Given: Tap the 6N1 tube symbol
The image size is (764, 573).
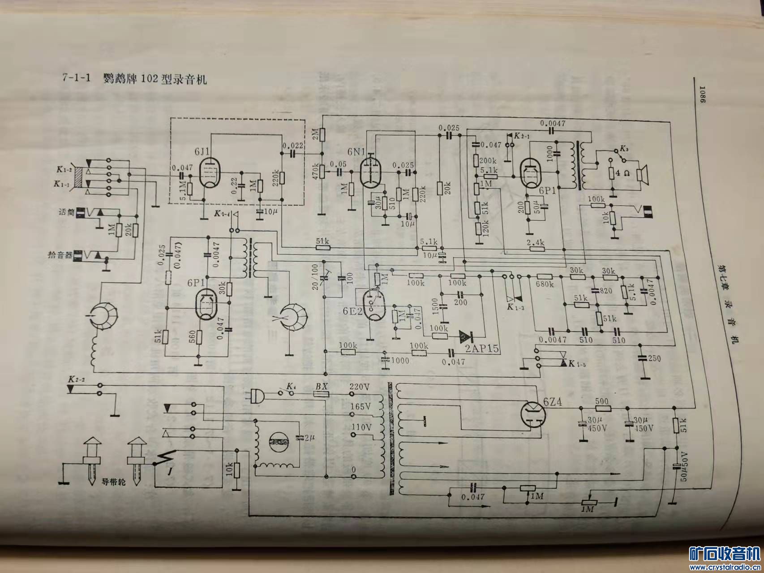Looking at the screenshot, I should point(370,172).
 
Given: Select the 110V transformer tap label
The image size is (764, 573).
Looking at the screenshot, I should point(361,427).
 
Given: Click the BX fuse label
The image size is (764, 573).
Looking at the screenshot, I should point(321,386).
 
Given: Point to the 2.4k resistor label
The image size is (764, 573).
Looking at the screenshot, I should point(535,242).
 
